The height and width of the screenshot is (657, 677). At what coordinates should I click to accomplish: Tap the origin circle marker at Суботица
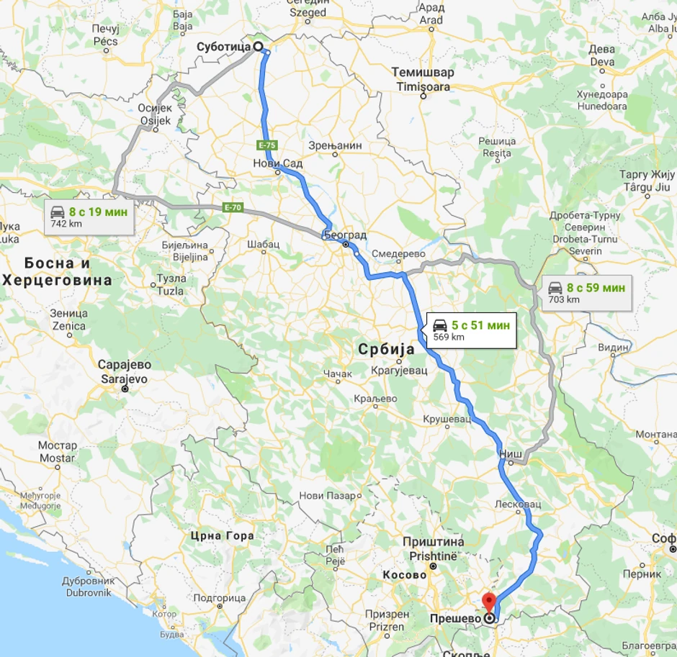point(257,47)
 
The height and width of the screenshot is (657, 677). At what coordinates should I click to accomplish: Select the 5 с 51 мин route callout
point(471,330)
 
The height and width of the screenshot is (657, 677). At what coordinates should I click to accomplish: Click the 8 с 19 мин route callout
point(91,217)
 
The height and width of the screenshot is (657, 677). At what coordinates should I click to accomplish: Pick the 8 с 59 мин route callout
point(585,293)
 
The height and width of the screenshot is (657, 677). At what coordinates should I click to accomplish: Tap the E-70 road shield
point(232,207)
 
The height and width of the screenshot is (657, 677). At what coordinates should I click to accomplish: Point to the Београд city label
point(346,235)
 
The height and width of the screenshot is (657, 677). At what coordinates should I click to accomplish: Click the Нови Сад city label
point(278,163)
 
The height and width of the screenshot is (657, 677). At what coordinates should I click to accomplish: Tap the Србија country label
point(387,349)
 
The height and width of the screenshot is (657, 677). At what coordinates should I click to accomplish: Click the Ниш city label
point(510,453)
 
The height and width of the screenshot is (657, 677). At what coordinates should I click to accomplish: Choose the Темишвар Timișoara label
point(423,79)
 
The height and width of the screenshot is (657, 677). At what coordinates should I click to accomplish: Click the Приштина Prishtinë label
point(433,550)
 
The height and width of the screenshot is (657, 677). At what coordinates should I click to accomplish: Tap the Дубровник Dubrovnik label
point(89,586)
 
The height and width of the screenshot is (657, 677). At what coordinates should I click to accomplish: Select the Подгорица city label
point(220,598)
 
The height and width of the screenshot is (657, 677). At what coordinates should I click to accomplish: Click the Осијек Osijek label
point(155,114)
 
